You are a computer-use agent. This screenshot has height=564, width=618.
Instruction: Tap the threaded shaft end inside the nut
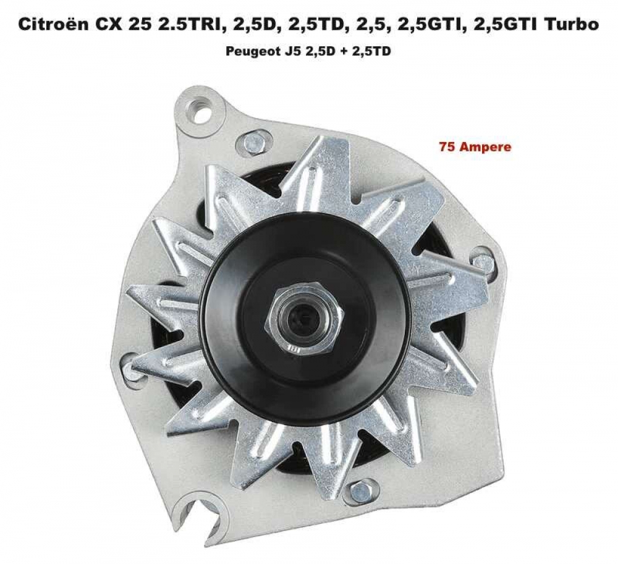305,319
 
